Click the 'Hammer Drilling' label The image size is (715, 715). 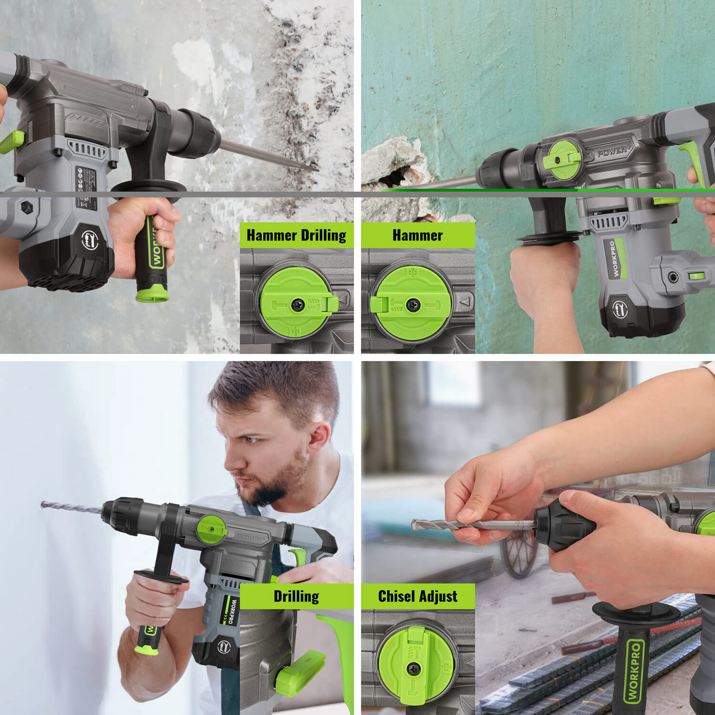[x=296, y=235]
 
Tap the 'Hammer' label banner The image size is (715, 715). [x=418, y=235]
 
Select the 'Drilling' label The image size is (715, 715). [x=296, y=596]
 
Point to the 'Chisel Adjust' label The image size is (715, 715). [x=418, y=596]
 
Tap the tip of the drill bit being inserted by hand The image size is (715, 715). [x=414, y=523]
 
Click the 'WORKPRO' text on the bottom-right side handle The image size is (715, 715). [x=633, y=672]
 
